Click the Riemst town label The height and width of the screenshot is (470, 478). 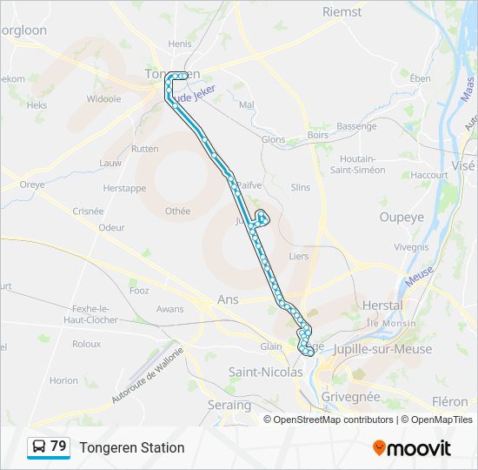(342, 11)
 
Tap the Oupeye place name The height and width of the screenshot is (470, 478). (400, 217)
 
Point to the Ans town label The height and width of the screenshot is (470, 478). (228, 300)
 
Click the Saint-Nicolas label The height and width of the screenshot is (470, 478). (265, 372)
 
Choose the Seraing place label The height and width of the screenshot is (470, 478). (229, 405)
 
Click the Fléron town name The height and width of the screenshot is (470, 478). (449, 402)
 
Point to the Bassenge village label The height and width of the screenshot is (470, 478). (356, 126)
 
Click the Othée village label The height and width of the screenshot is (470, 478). (177, 211)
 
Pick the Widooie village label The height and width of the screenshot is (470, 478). (104, 99)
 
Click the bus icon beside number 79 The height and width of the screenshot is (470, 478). (38, 446)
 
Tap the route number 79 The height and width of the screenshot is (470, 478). (58, 446)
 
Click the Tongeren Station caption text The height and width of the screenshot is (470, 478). (132, 447)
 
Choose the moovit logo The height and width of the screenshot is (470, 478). (412, 447)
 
